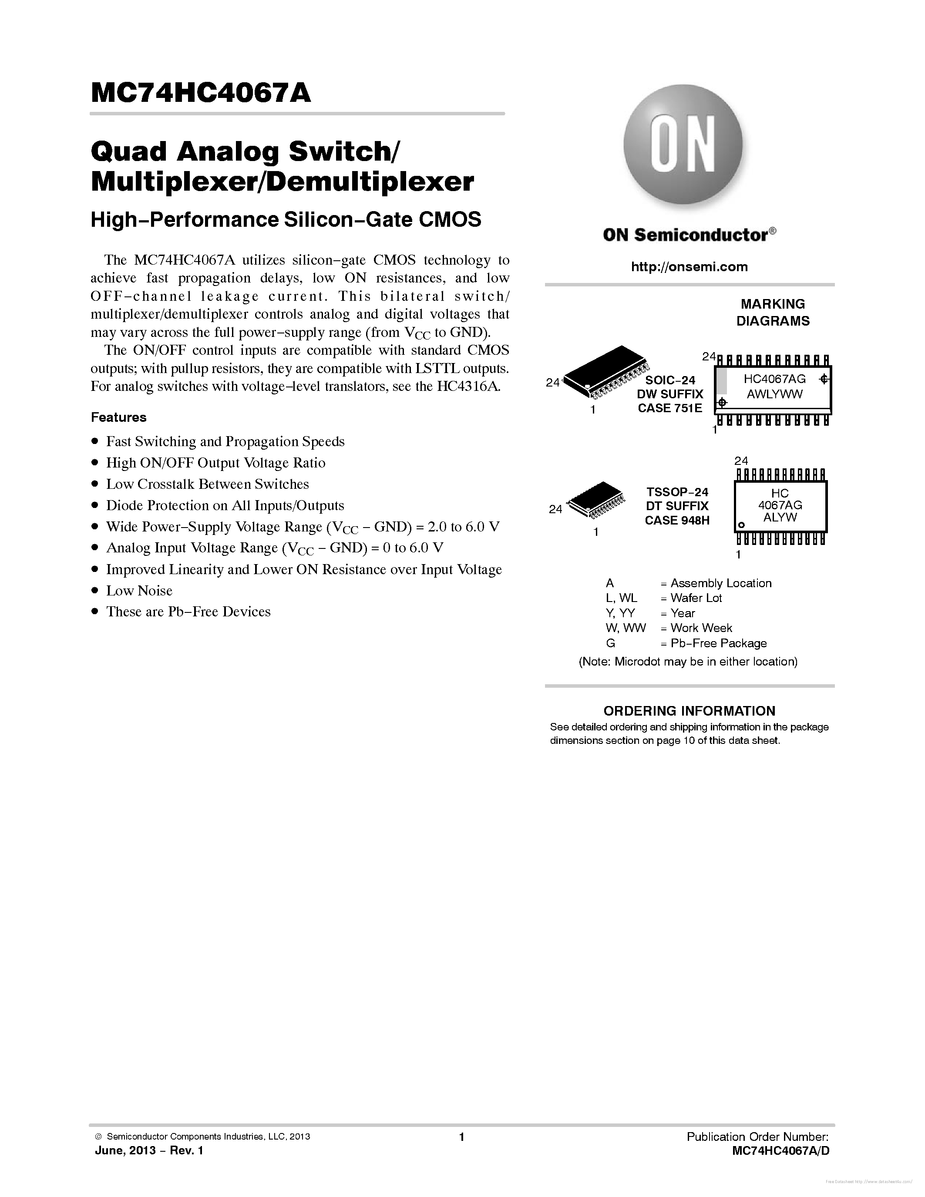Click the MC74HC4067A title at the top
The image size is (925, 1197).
point(201,93)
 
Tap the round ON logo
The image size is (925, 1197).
point(683,145)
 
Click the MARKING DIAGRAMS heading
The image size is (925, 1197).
point(773,313)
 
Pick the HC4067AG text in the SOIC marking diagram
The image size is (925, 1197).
point(774,379)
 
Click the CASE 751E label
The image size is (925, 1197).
point(669,408)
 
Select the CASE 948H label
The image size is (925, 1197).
point(677,520)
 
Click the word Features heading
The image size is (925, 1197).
point(118,417)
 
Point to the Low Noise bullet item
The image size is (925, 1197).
point(139,591)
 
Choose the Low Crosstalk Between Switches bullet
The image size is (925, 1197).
point(207,484)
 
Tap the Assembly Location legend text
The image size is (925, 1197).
point(720,583)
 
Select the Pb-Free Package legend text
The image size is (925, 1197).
point(718,643)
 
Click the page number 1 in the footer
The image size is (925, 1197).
point(461,1136)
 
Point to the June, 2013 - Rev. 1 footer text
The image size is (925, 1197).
point(149,1150)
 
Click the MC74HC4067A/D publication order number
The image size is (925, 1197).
point(781,1151)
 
